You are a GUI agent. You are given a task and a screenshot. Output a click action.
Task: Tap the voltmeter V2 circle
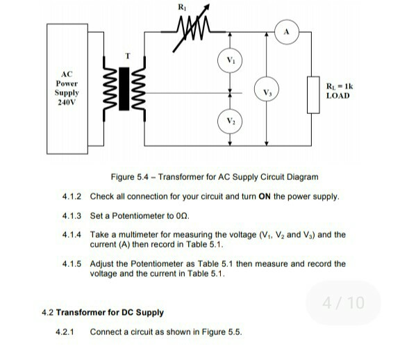pos(231,120)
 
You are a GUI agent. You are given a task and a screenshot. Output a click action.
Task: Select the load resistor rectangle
pos(314,93)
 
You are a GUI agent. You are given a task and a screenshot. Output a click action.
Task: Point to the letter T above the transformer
pos(126,55)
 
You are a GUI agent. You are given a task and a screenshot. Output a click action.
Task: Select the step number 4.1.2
pos(72,197)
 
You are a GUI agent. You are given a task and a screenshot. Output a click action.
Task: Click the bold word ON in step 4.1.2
pos(264,197)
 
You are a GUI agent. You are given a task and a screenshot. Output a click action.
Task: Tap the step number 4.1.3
pos(72,216)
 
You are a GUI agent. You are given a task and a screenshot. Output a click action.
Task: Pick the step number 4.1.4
pos(72,235)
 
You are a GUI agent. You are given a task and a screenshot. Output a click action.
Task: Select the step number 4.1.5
pos(72,264)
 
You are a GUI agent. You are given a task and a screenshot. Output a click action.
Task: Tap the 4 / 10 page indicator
pos(343,303)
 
